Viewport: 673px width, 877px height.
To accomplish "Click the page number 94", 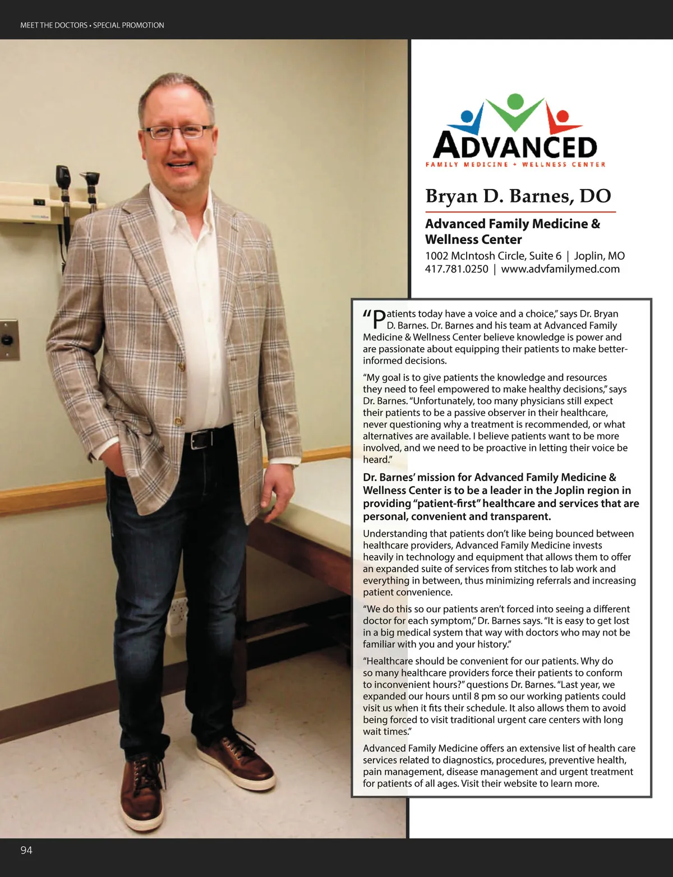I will (x=26, y=850).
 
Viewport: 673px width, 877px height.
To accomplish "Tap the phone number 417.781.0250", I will (x=457, y=269).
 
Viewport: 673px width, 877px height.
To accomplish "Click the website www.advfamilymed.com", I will (x=560, y=269).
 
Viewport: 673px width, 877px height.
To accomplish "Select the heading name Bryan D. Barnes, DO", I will (x=518, y=196).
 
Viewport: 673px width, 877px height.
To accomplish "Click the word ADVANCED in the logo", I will (x=515, y=145).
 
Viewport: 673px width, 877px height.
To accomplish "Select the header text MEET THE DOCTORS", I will (x=54, y=25).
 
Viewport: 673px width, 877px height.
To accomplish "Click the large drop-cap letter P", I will (x=379, y=320).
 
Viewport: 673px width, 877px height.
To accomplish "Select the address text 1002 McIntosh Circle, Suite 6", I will (x=493, y=256).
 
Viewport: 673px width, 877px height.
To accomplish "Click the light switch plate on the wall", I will (x=8, y=340).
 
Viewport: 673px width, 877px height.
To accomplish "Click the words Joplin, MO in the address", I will (x=599, y=256).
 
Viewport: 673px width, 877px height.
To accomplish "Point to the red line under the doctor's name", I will (x=520, y=212).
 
